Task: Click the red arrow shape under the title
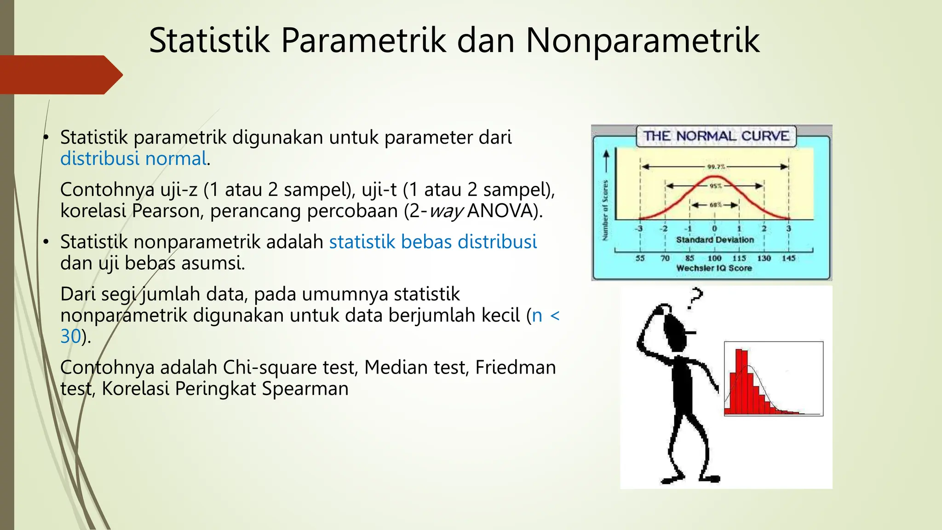pyautogui.click(x=60, y=75)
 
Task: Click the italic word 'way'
pyautogui.click(x=446, y=211)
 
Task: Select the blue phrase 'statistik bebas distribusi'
pyautogui.click(x=433, y=242)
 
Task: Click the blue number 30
pyautogui.click(x=71, y=336)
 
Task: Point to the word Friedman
pyautogui.click(x=515, y=367)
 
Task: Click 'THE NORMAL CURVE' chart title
pyautogui.click(x=716, y=136)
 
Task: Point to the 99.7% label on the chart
pyautogui.click(x=716, y=167)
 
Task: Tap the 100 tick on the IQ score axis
pyautogui.click(x=714, y=258)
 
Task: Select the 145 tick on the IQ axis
pyautogui.click(x=788, y=258)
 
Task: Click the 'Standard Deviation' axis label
pyautogui.click(x=715, y=240)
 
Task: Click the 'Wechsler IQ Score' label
pyautogui.click(x=714, y=268)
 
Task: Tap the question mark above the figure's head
pyautogui.click(x=695, y=298)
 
